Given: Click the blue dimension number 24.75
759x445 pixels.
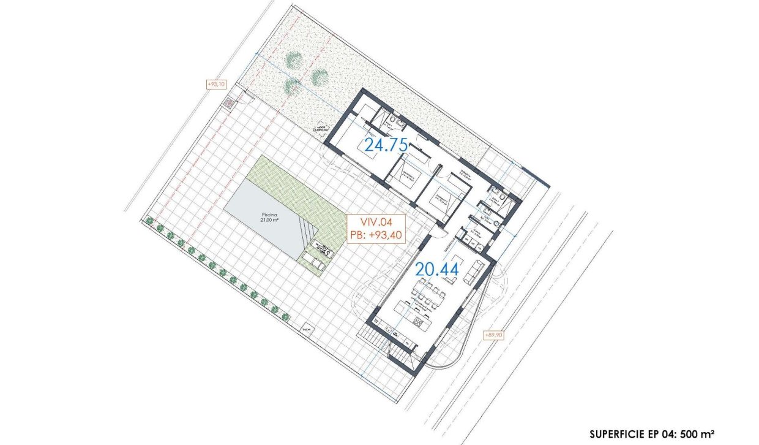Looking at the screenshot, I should pos(386,145).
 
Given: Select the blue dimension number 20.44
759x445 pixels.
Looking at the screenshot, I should pos(436,268).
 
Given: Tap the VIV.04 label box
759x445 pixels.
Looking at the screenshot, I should pos(375,229).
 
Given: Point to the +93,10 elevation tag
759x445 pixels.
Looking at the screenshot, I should pos(217,84).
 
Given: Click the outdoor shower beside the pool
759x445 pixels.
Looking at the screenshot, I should pos(322,248).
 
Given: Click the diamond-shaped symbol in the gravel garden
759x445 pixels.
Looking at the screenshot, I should pos(320,129).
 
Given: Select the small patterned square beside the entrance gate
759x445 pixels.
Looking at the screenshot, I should pos(229,102).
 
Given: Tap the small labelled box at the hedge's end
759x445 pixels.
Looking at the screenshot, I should pos(305,330).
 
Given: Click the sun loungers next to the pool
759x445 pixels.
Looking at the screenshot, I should pos(313,263).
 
